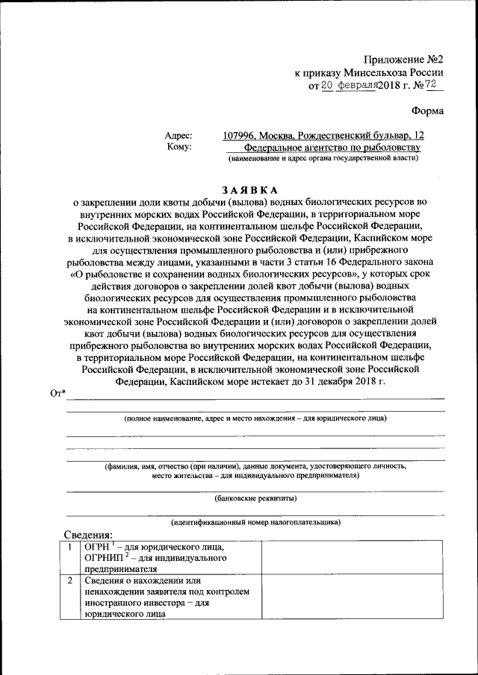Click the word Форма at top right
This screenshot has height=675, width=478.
(x=427, y=111)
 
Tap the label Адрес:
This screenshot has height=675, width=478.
(x=179, y=136)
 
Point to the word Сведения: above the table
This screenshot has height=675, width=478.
(x=87, y=534)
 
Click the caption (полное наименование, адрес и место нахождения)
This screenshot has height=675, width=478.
(x=255, y=418)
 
